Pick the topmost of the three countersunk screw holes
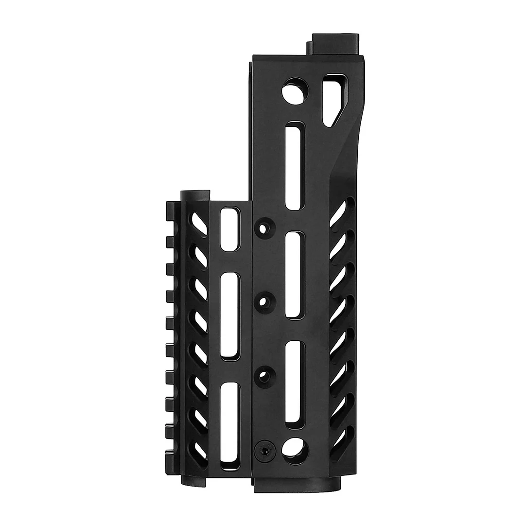pos(263,227)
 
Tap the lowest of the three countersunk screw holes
pos(263,375)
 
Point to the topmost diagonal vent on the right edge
pos(342,212)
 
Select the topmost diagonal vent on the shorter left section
pos(199,224)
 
